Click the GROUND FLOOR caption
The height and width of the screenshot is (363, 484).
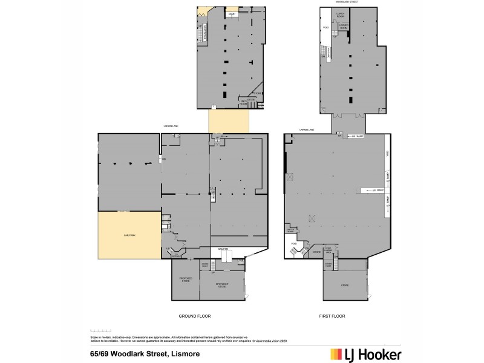pyautogui.click(x=194, y=316)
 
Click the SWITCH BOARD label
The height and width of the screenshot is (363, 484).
pyautogui.click(x=290, y=229)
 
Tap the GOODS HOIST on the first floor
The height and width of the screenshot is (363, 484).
pyautogui.click(x=329, y=264)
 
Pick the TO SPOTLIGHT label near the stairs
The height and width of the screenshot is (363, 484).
pyautogui.click(x=177, y=255)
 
